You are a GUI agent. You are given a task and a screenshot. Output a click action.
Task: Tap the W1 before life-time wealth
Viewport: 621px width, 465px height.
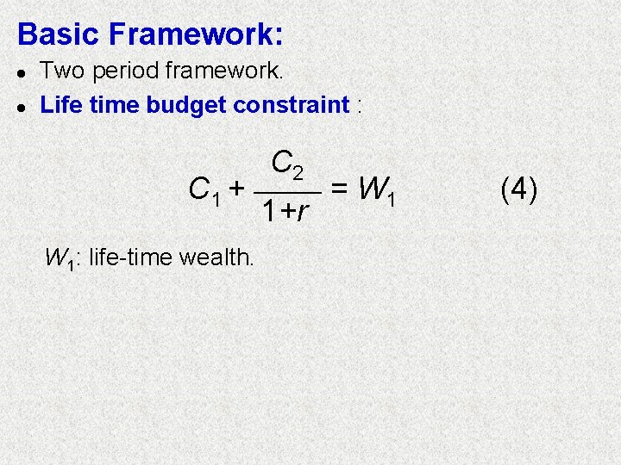tap(60, 257)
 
